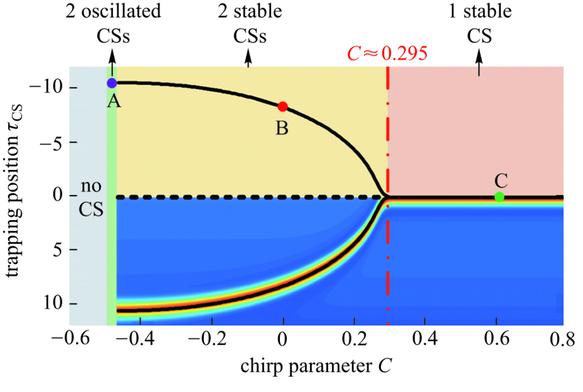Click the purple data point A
pyautogui.click(x=111, y=83)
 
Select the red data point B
pyautogui.click(x=283, y=107)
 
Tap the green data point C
pyautogui.click(x=499, y=197)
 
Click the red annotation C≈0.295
pyautogui.click(x=388, y=54)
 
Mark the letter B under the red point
pyautogui.click(x=282, y=128)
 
